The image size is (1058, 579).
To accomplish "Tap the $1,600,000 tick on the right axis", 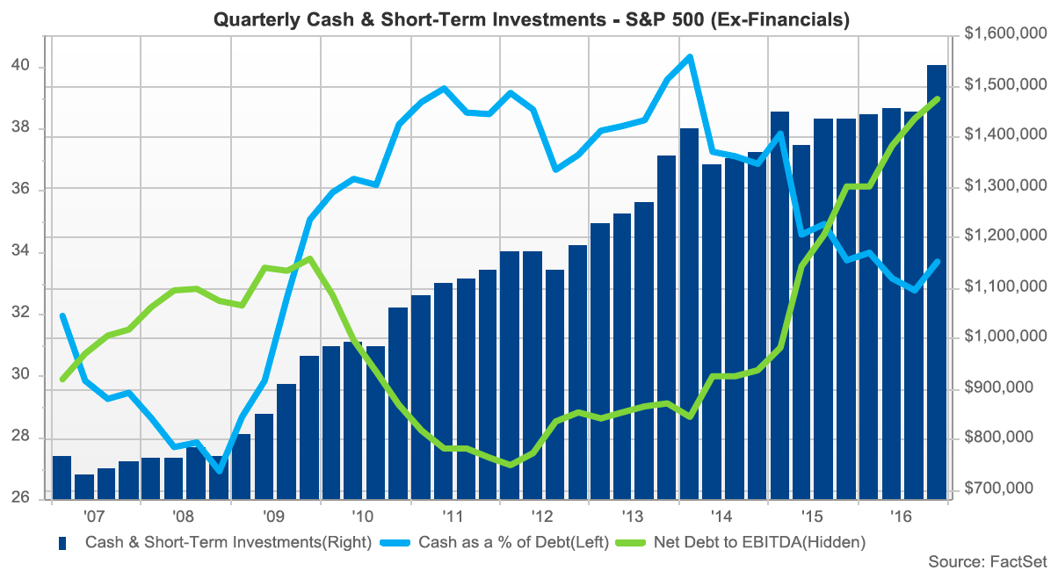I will (x=1004, y=34).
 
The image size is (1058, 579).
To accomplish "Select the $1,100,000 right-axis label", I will (x=1004, y=287).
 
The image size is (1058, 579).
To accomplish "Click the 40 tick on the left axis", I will (x=21, y=66).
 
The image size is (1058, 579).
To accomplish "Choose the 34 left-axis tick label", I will (x=21, y=252).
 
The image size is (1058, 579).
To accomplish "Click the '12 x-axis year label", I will (x=540, y=516).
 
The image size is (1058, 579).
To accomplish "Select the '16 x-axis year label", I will (x=899, y=516).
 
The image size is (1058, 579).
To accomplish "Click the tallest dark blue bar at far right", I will (x=937, y=281).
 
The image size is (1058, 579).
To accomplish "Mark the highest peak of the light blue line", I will (x=690, y=57).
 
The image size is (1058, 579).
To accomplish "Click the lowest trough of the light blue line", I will (x=220, y=471).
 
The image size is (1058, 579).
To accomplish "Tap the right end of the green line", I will (x=938, y=98).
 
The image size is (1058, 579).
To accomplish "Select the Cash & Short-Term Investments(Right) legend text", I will (x=228, y=542).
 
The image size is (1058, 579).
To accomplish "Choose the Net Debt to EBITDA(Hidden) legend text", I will (x=759, y=542).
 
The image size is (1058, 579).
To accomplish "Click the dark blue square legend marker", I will (x=63, y=543).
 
